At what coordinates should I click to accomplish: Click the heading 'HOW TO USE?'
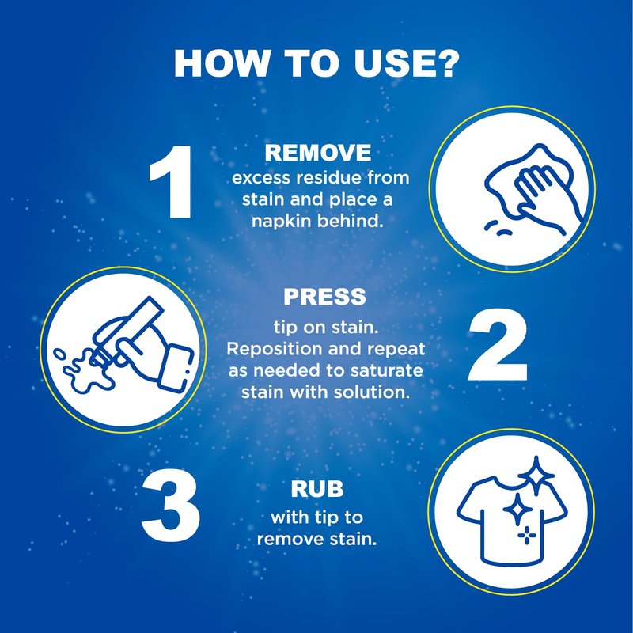(x=316, y=64)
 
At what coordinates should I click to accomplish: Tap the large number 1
(x=171, y=182)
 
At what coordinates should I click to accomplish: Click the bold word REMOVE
(x=318, y=153)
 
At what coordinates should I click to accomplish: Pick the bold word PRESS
(x=324, y=297)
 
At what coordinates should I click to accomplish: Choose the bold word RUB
(x=317, y=489)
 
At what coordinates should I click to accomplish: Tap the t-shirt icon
(x=512, y=519)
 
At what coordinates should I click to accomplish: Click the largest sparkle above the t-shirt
(x=536, y=476)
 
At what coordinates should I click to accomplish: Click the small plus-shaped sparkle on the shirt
(x=527, y=536)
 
